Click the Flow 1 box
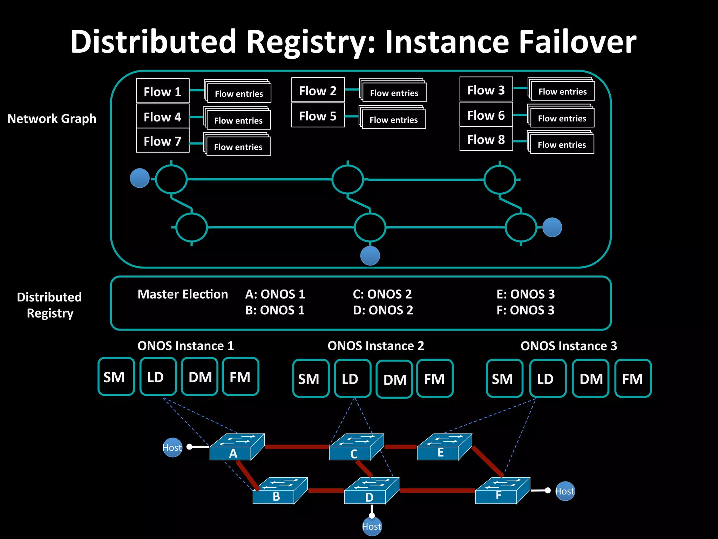point(163,91)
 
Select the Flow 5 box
point(318,115)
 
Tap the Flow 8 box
point(486,139)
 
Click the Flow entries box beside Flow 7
point(238,147)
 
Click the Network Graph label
point(52,119)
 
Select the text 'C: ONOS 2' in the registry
point(382,294)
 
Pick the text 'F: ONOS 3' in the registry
point(525,310)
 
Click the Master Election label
point(183,294)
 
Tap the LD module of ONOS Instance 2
point(352,378)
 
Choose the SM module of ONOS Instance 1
point(116,377)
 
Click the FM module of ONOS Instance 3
point(633,378)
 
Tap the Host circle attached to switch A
point(172,447)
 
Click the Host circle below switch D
point(372,526)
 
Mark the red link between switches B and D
point(326,491)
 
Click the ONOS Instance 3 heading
point(569,346)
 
